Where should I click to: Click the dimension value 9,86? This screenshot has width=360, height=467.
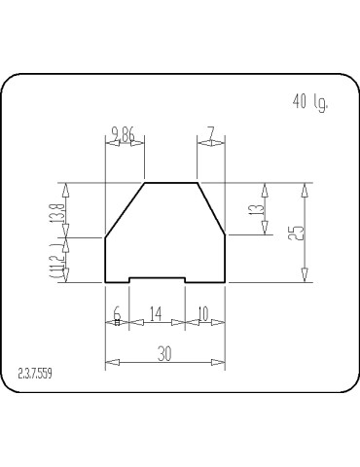[124, 133]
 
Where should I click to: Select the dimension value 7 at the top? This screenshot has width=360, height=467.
[210, 133]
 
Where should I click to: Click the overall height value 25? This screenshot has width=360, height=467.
[298, 233]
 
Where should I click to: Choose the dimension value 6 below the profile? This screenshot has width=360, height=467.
[117, 314]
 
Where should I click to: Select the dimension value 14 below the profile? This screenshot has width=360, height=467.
[157, 314]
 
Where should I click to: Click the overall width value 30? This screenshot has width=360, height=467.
[164, 355]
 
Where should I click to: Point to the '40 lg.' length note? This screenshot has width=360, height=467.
[310, 102]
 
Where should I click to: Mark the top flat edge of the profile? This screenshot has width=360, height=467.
[171, 182]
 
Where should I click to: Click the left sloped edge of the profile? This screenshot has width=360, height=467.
[125, 209]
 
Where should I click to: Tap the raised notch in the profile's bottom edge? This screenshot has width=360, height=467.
[158, 277]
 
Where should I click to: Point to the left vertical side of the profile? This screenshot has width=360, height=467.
[105, 259]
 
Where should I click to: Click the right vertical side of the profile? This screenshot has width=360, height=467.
[226, 259]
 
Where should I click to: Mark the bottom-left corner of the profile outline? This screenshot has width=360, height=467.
[105, 282]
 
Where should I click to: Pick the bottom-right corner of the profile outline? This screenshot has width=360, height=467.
[226, 282]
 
